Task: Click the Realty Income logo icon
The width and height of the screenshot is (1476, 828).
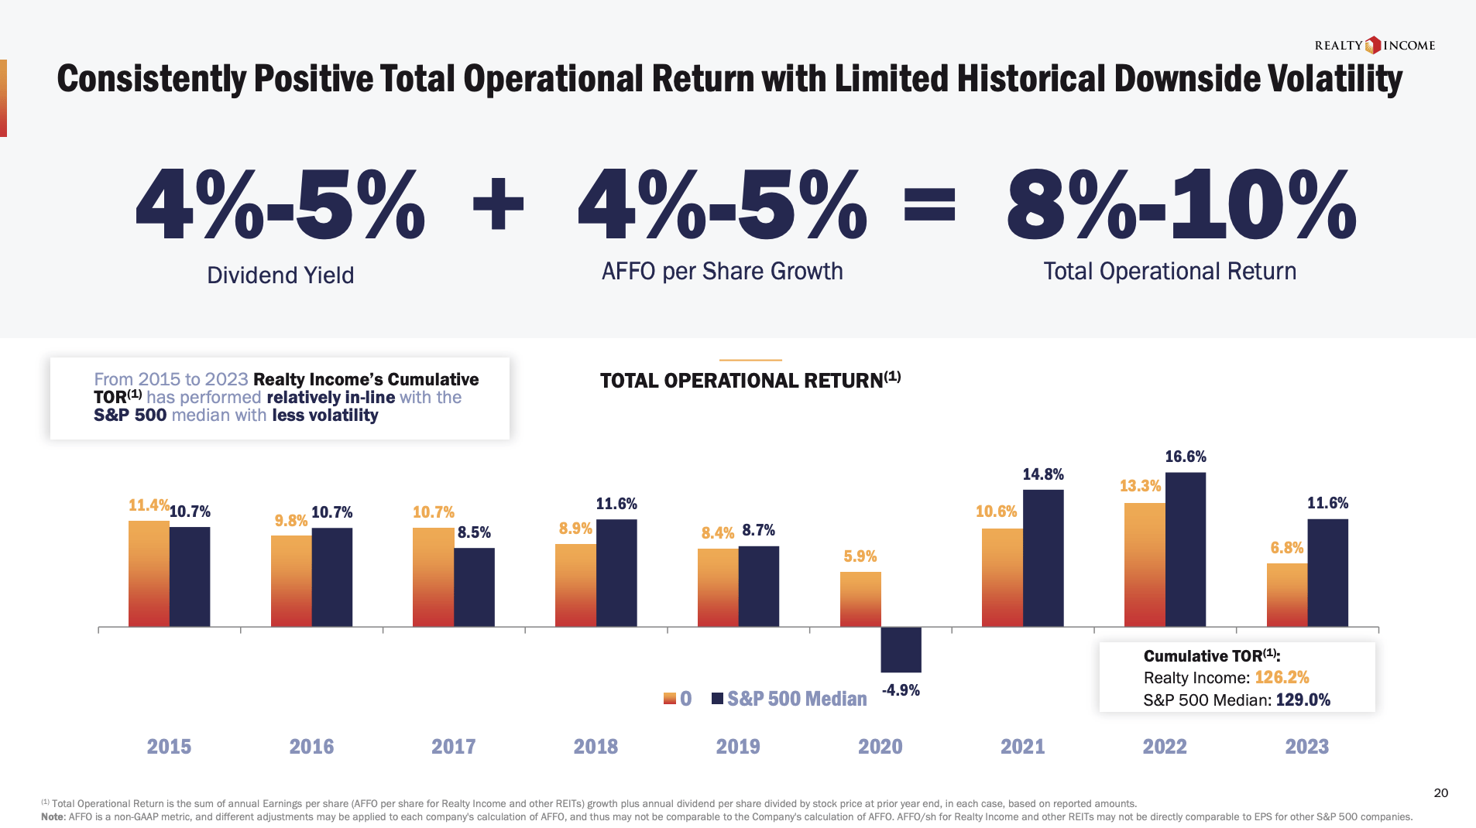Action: pyautogui.click(x=1373, y=45)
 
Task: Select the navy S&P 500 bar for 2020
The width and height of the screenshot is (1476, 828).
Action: pyautogui.click(x=901, y=649)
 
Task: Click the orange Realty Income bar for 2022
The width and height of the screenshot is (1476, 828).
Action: pyautogui.click(x=1145, y=564)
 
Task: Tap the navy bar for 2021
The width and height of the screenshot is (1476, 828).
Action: pyautogui.click(x=1043, y=558)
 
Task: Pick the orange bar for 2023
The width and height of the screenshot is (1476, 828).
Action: pyautogui.click(x=1287, y=594)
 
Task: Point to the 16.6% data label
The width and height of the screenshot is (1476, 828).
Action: pyautogui.click(x=1186, y=457)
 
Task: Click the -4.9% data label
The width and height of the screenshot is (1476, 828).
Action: pyautogui.click(x=901, y=690)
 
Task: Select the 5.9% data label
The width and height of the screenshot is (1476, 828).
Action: pyautogui.click(x=860, y=556)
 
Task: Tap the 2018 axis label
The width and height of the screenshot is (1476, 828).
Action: pyautogui.click(x=596, y=747)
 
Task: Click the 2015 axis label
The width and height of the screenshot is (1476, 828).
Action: pyautogui.click(x=169, y=747)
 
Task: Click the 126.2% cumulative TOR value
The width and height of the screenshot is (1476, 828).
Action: pyautogui.click(x=1282, y=678)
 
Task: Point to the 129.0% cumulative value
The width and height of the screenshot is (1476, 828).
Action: pyautogui.click(x=1303, y=700)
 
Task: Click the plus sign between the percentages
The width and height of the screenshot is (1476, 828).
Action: pyautogui.click(x=498, y=205)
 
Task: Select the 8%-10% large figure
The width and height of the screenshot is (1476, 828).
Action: pyautogui.click(x=1182, y=205)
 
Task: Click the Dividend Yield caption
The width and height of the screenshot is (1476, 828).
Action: pyautogui.click(x=280, y=275)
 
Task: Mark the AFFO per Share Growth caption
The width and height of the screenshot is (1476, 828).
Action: pyautogui.click(x=722, y=272)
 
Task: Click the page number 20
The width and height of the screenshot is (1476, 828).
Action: pyautogui.click(x=1440, y=792)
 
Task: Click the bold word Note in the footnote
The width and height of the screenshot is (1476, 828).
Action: pyautogui.click(x=53, y=816)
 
